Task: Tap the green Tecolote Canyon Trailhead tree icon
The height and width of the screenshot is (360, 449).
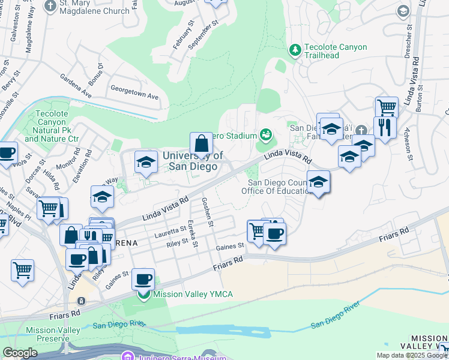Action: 295,50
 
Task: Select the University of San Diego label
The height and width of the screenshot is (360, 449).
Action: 193,161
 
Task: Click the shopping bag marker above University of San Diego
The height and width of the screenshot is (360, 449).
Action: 202,144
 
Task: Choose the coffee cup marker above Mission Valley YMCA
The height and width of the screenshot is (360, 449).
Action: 143,279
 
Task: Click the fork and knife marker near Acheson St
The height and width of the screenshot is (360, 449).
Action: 384,127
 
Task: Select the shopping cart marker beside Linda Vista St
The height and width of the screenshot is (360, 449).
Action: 387,108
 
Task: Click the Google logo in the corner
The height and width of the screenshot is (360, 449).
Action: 20,353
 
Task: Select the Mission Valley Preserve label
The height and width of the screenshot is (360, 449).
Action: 53,334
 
